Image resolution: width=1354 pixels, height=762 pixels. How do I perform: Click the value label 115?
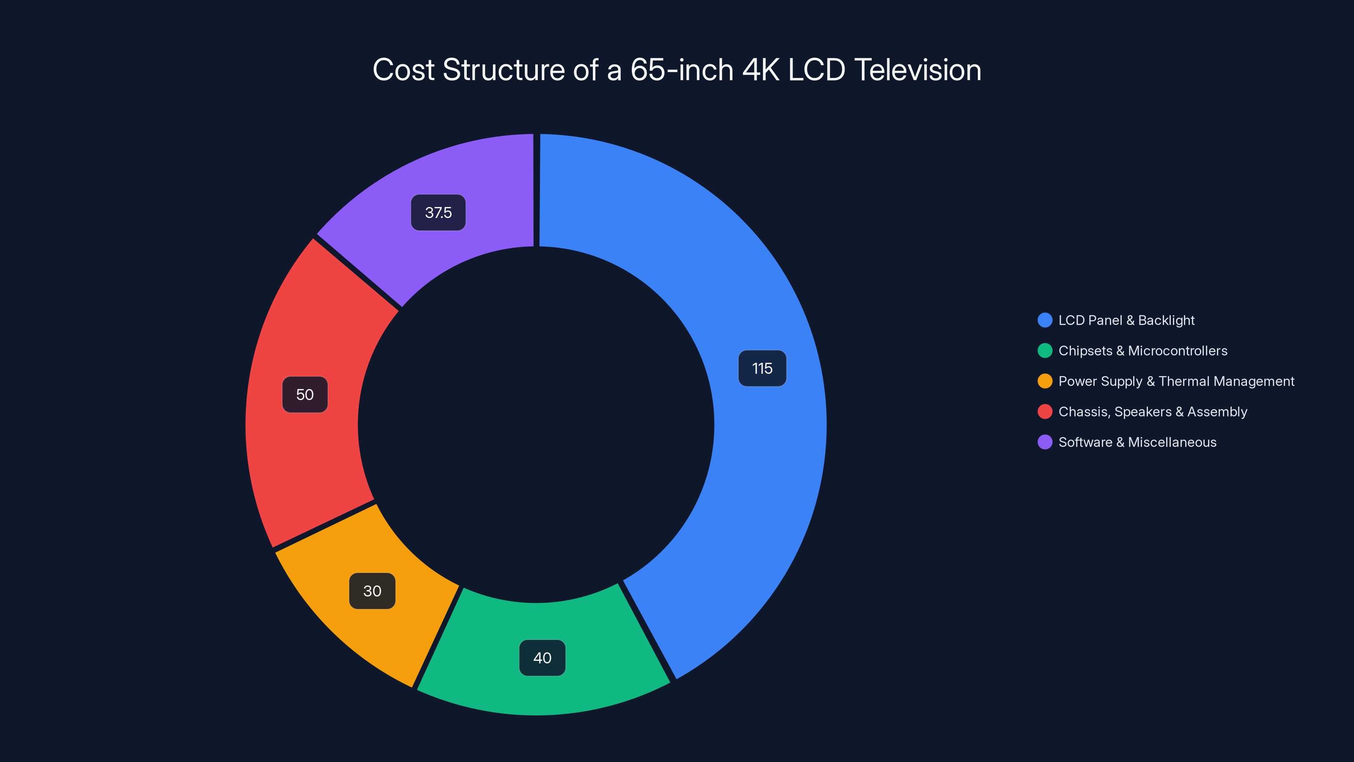click(x=762, y=368)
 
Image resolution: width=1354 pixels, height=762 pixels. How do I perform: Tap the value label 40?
click(x=542, y=658)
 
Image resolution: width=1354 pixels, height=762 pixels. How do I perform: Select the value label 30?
click(x=372, y=591)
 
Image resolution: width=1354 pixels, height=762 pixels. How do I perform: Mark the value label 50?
click(x=305, y=395)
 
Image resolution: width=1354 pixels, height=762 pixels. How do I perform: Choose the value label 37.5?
click(x=438, y=213)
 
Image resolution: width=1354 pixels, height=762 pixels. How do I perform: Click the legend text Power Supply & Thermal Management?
click(x=1176, y=381)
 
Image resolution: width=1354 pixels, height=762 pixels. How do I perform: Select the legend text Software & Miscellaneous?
click(x=1137, y=442)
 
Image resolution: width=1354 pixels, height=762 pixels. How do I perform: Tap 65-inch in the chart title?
click(x=682, y=70)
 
